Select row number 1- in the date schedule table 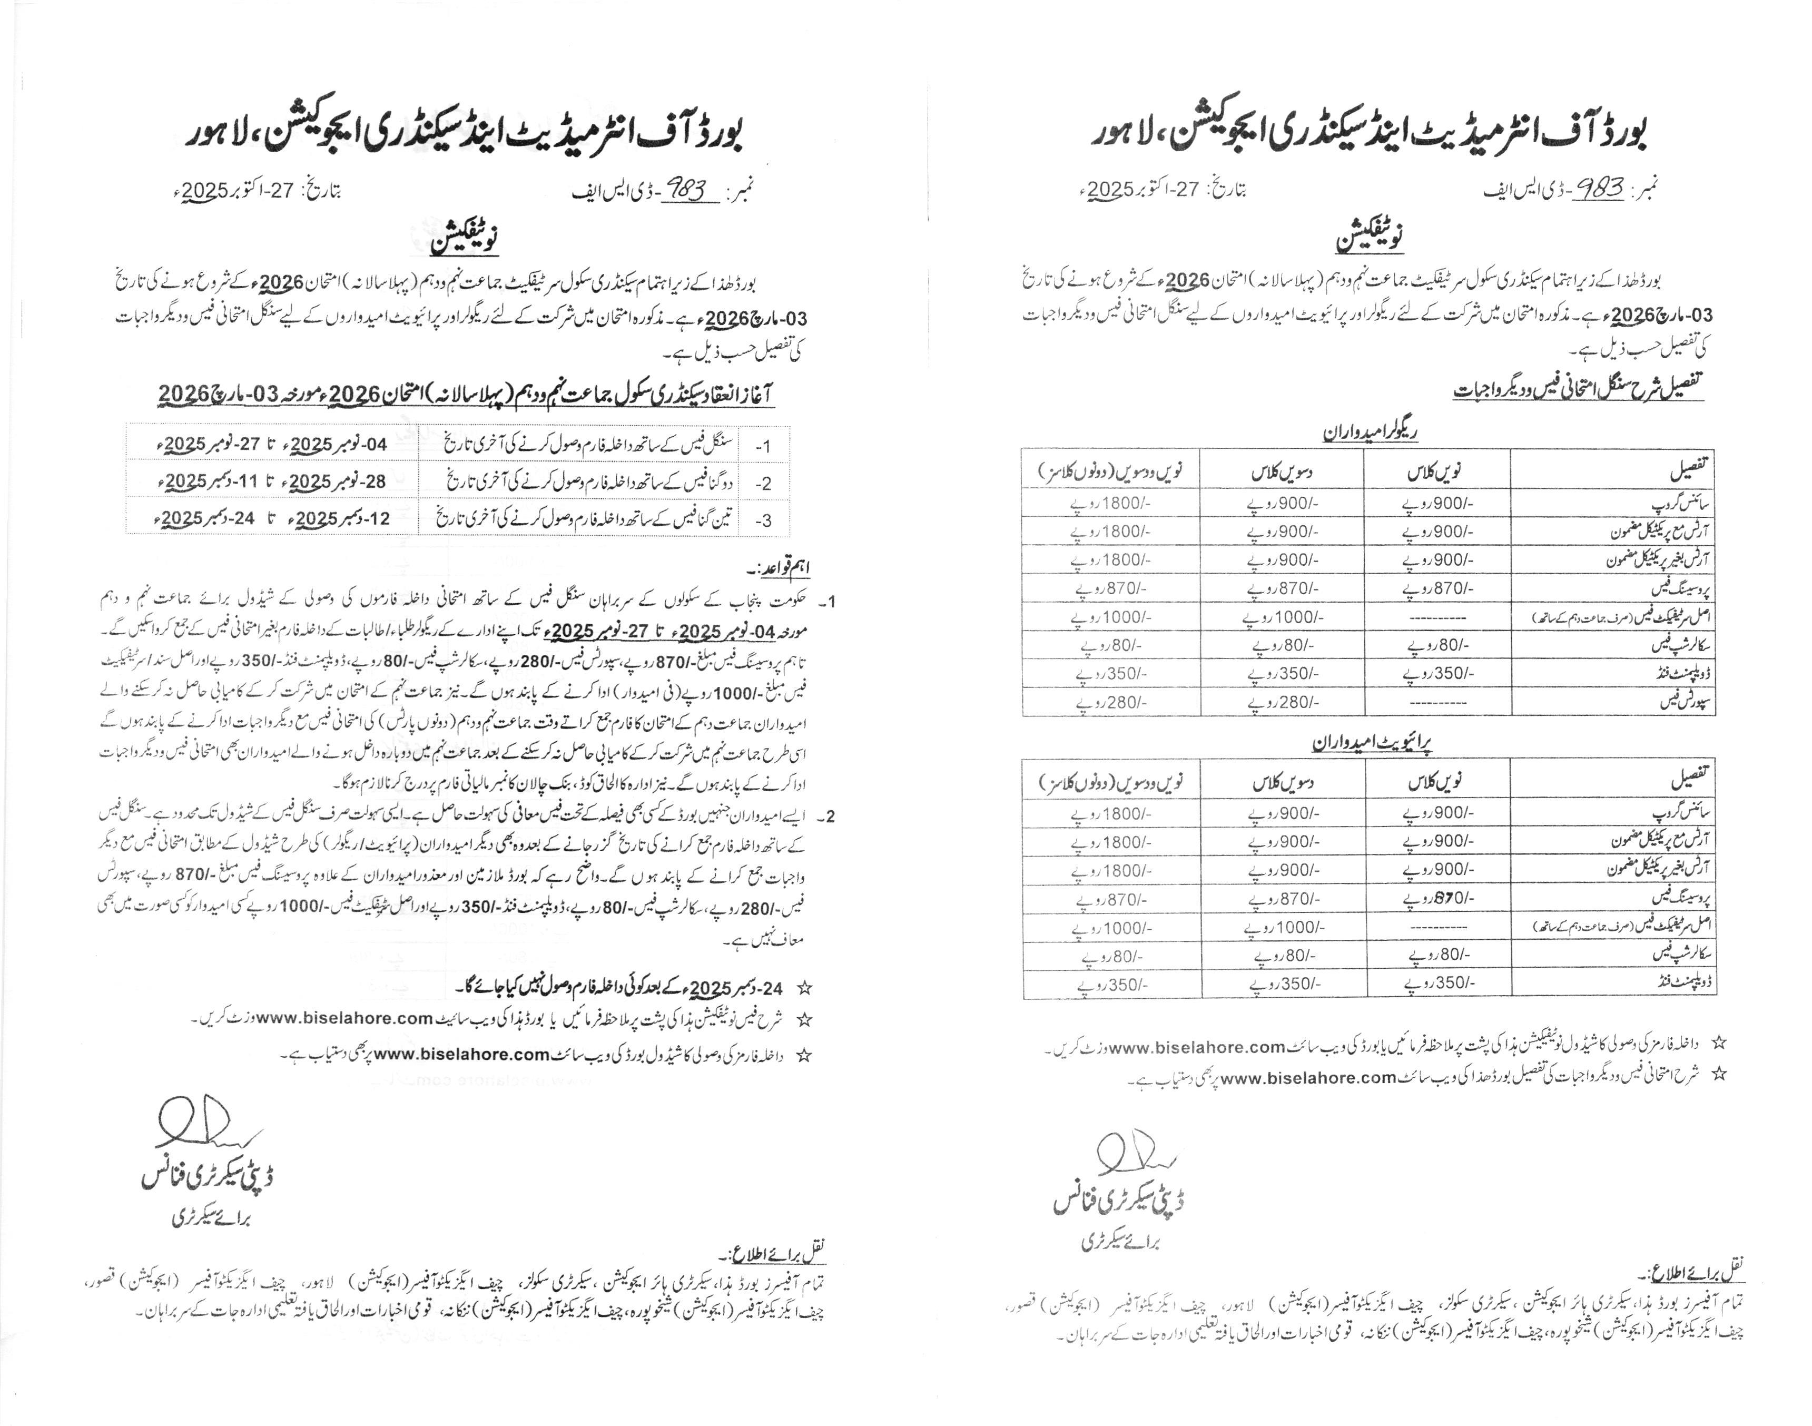click(x=763, y=447)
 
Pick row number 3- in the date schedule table click(x=763, y=520)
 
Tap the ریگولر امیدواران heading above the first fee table click(x=1371, y=431)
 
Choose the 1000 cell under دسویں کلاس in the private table click(x=1283, y=928)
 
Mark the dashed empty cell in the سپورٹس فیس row click(x=1437, y=703)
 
